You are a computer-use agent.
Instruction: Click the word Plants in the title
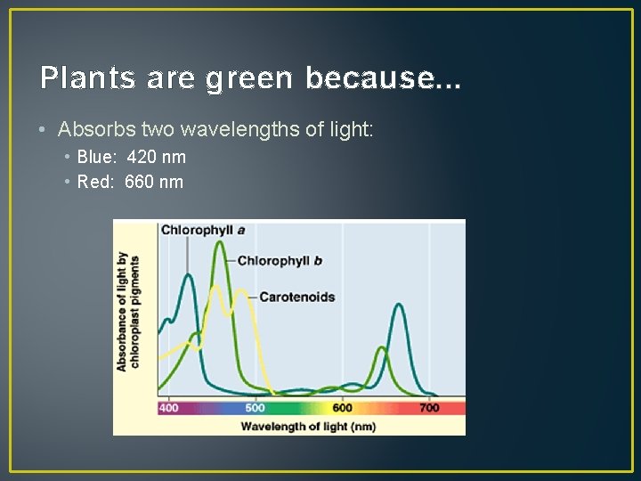83,78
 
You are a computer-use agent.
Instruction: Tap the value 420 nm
157,158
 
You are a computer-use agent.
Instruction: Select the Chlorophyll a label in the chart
202,230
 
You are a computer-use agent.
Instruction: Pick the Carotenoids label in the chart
296,297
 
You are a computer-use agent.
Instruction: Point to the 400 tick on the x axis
168,408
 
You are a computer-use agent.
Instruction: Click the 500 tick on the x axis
255,408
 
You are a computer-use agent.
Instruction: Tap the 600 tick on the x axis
342,408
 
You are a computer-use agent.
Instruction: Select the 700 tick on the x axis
429,408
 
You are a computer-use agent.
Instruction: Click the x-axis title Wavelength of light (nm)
308,426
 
